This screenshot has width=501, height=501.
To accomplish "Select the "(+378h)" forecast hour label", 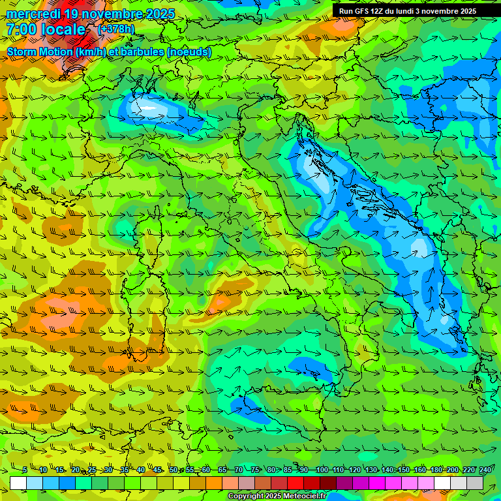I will pyautogui.click(x=117, y=29).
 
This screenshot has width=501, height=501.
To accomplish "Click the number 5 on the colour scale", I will pyautogui.click(x=25, y=470).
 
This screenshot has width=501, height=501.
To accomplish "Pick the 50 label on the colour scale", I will pyautogui.click(x=173, y=470).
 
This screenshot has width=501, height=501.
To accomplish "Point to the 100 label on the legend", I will pyautogui.click(x=322, y=470).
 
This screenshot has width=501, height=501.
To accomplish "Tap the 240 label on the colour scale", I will pyautogui.click(x=485, y=470).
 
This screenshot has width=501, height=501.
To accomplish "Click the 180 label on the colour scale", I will pyautogui.click(x=436, y=470).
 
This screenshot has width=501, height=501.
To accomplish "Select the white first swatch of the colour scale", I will pyautogui.click(x=18, y=483).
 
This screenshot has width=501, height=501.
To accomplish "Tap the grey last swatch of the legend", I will pyautogui.click(x=475, y=483).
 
